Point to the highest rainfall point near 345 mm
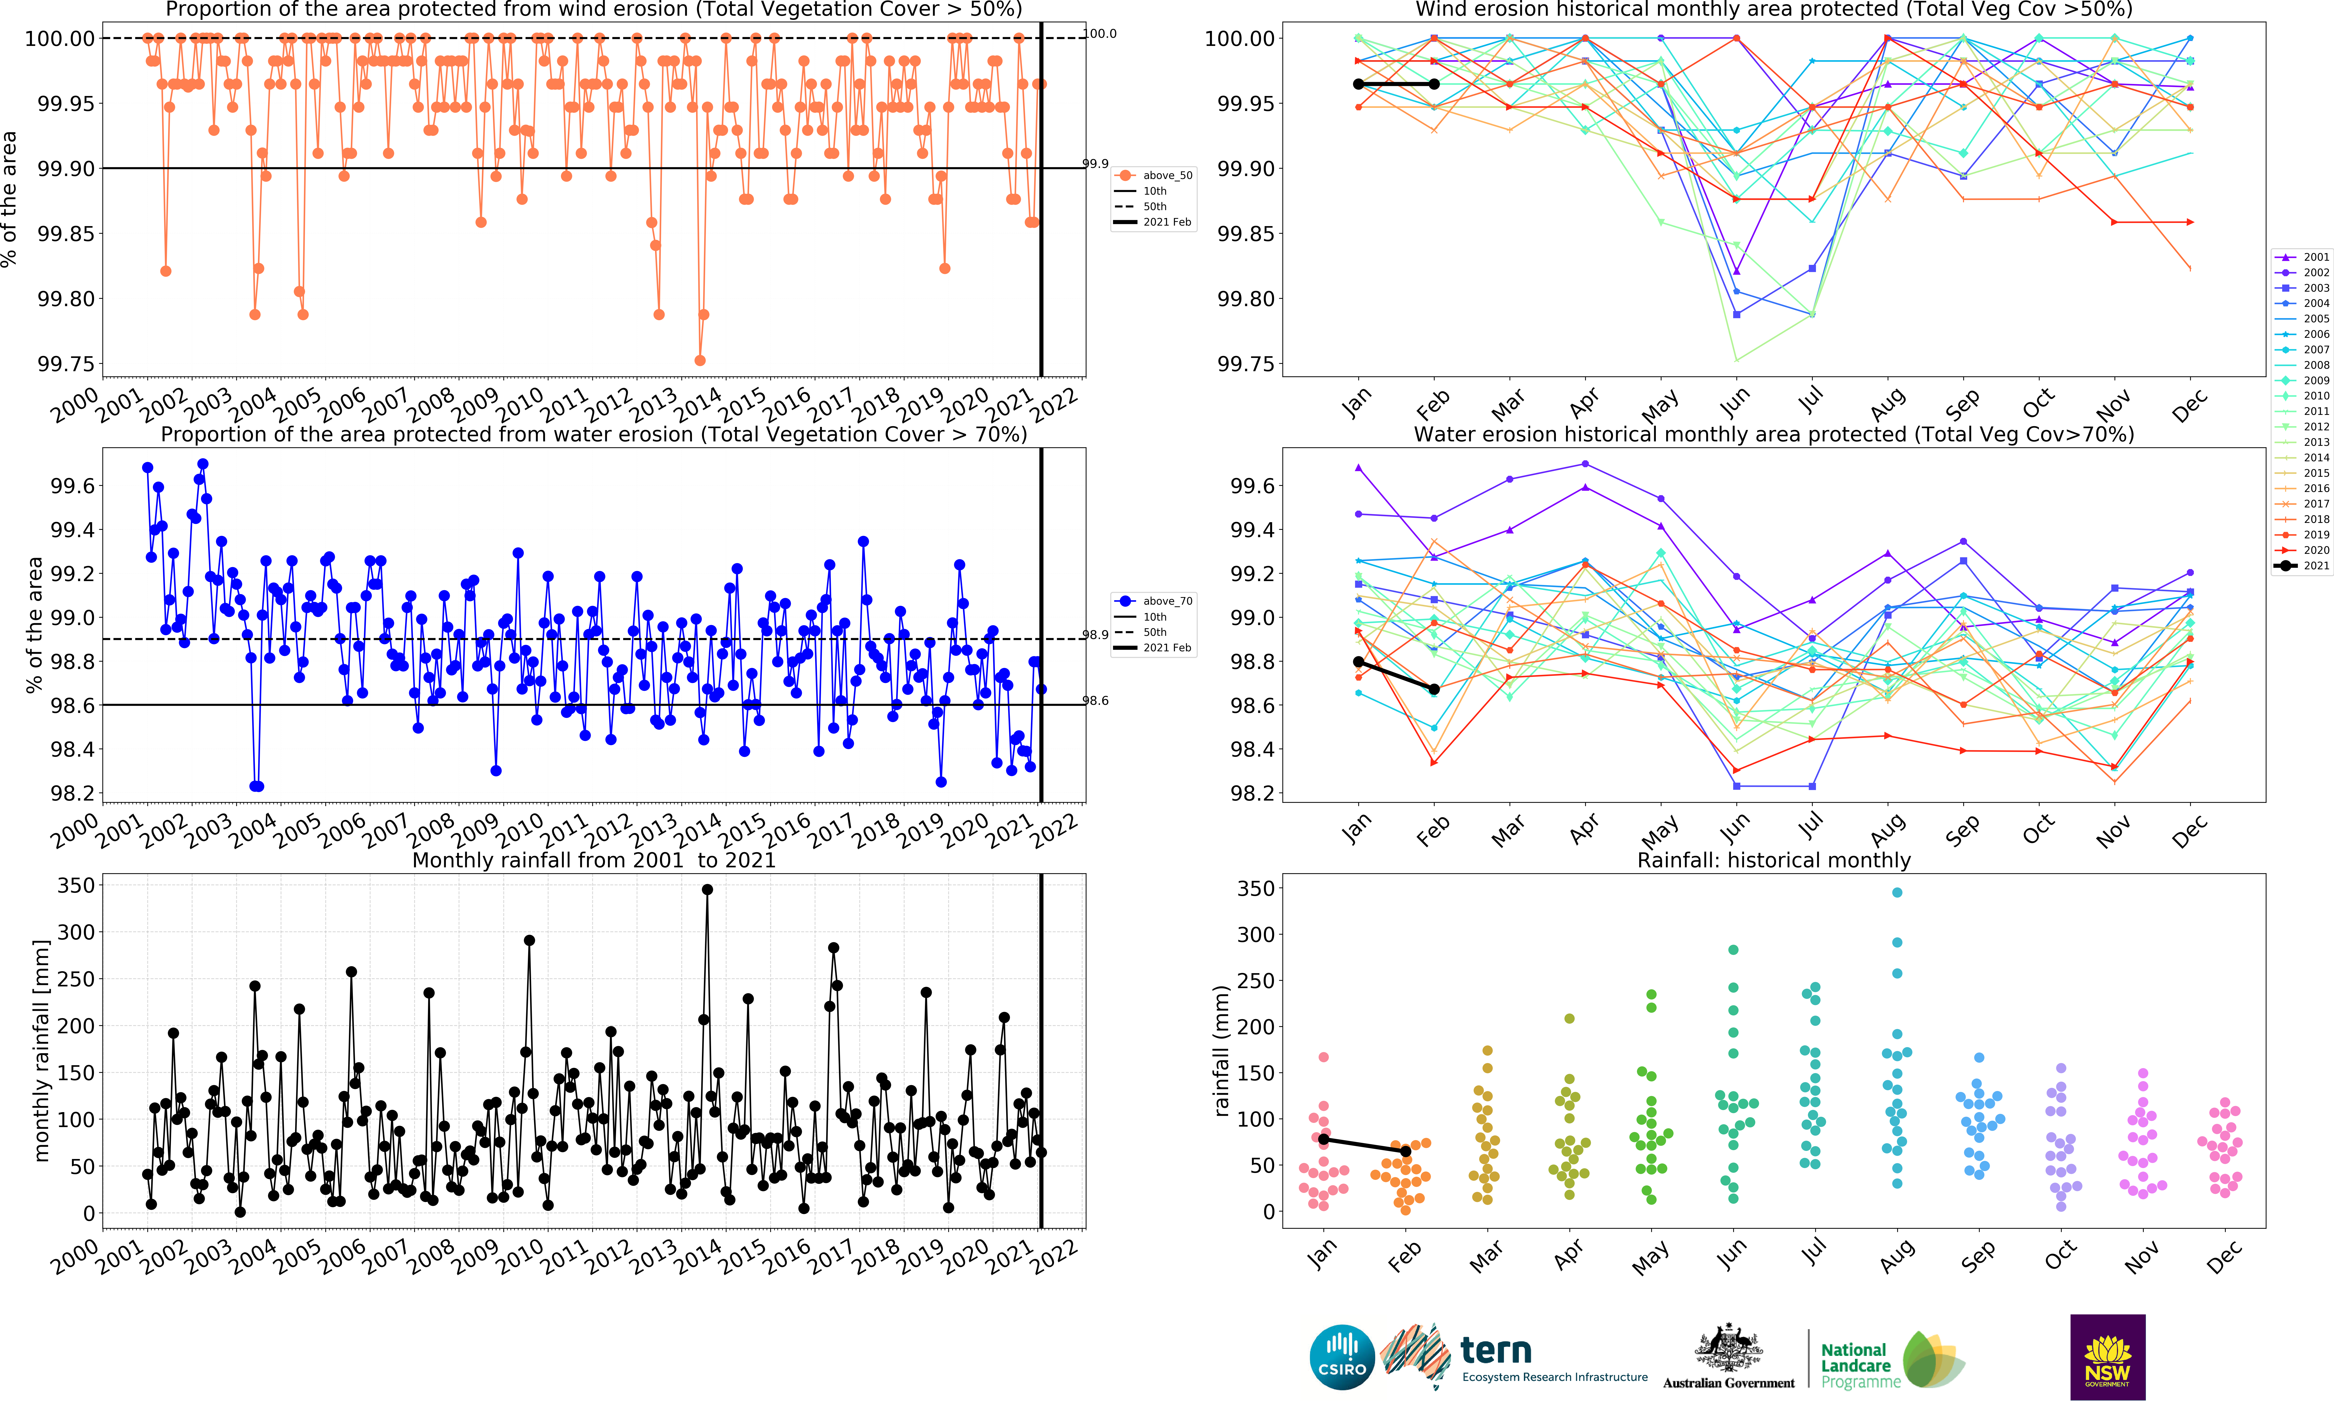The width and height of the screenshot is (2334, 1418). pyautogui.click(x=707, y=889)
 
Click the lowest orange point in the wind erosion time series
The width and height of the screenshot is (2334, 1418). pyautogui.click(x=700, y=360)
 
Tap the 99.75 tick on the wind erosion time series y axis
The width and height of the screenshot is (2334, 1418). pyautogui.click(x=66, y=364)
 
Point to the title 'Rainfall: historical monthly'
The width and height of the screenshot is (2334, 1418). pyautogui.click(x=1774, y=860)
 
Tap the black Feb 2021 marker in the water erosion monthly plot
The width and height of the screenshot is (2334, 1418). pyautogui.click(x=1434, y=690)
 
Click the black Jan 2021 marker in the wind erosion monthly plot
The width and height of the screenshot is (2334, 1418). pyautogui.click(x=1358, y=84)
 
